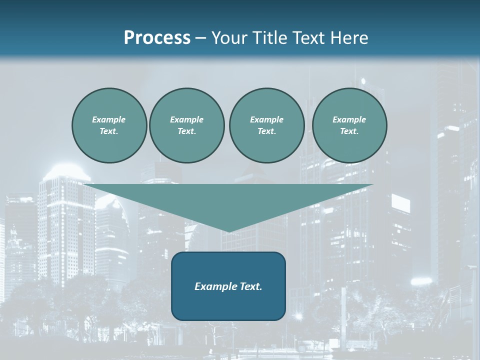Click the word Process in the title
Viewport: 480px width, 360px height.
(157, 38)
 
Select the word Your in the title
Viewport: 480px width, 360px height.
(229, 38)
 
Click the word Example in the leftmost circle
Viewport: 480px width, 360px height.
(109, 119)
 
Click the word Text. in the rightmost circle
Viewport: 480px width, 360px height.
(349, 131)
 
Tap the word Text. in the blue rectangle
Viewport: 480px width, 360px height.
(250, 286)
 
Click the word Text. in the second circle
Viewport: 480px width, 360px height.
(186, 131)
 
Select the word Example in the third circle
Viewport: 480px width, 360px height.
(266, 119)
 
